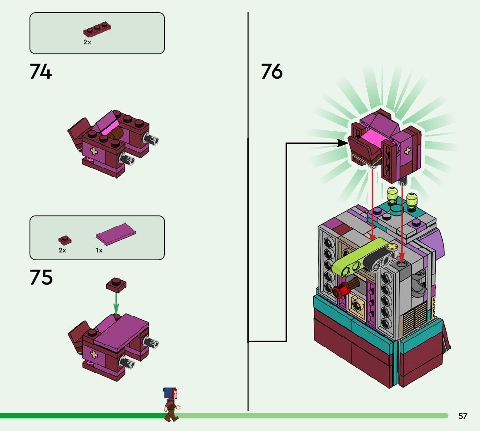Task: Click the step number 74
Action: click(41, 71)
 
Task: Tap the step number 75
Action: click(41, 277)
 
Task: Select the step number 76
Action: click(272, 71)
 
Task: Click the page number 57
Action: click(463, 416)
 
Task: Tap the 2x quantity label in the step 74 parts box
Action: click(87, 42)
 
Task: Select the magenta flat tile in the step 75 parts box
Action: click(116, 234)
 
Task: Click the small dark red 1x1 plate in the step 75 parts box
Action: click(65, 240)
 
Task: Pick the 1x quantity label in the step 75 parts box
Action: click(99, 250)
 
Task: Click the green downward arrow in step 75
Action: click(116, 303)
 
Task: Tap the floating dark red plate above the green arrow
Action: click(116, 285)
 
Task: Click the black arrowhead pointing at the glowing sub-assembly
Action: click(342, 143)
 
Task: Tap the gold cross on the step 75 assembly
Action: click(94, 355)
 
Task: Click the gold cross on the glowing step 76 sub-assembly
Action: click(408, 150)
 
